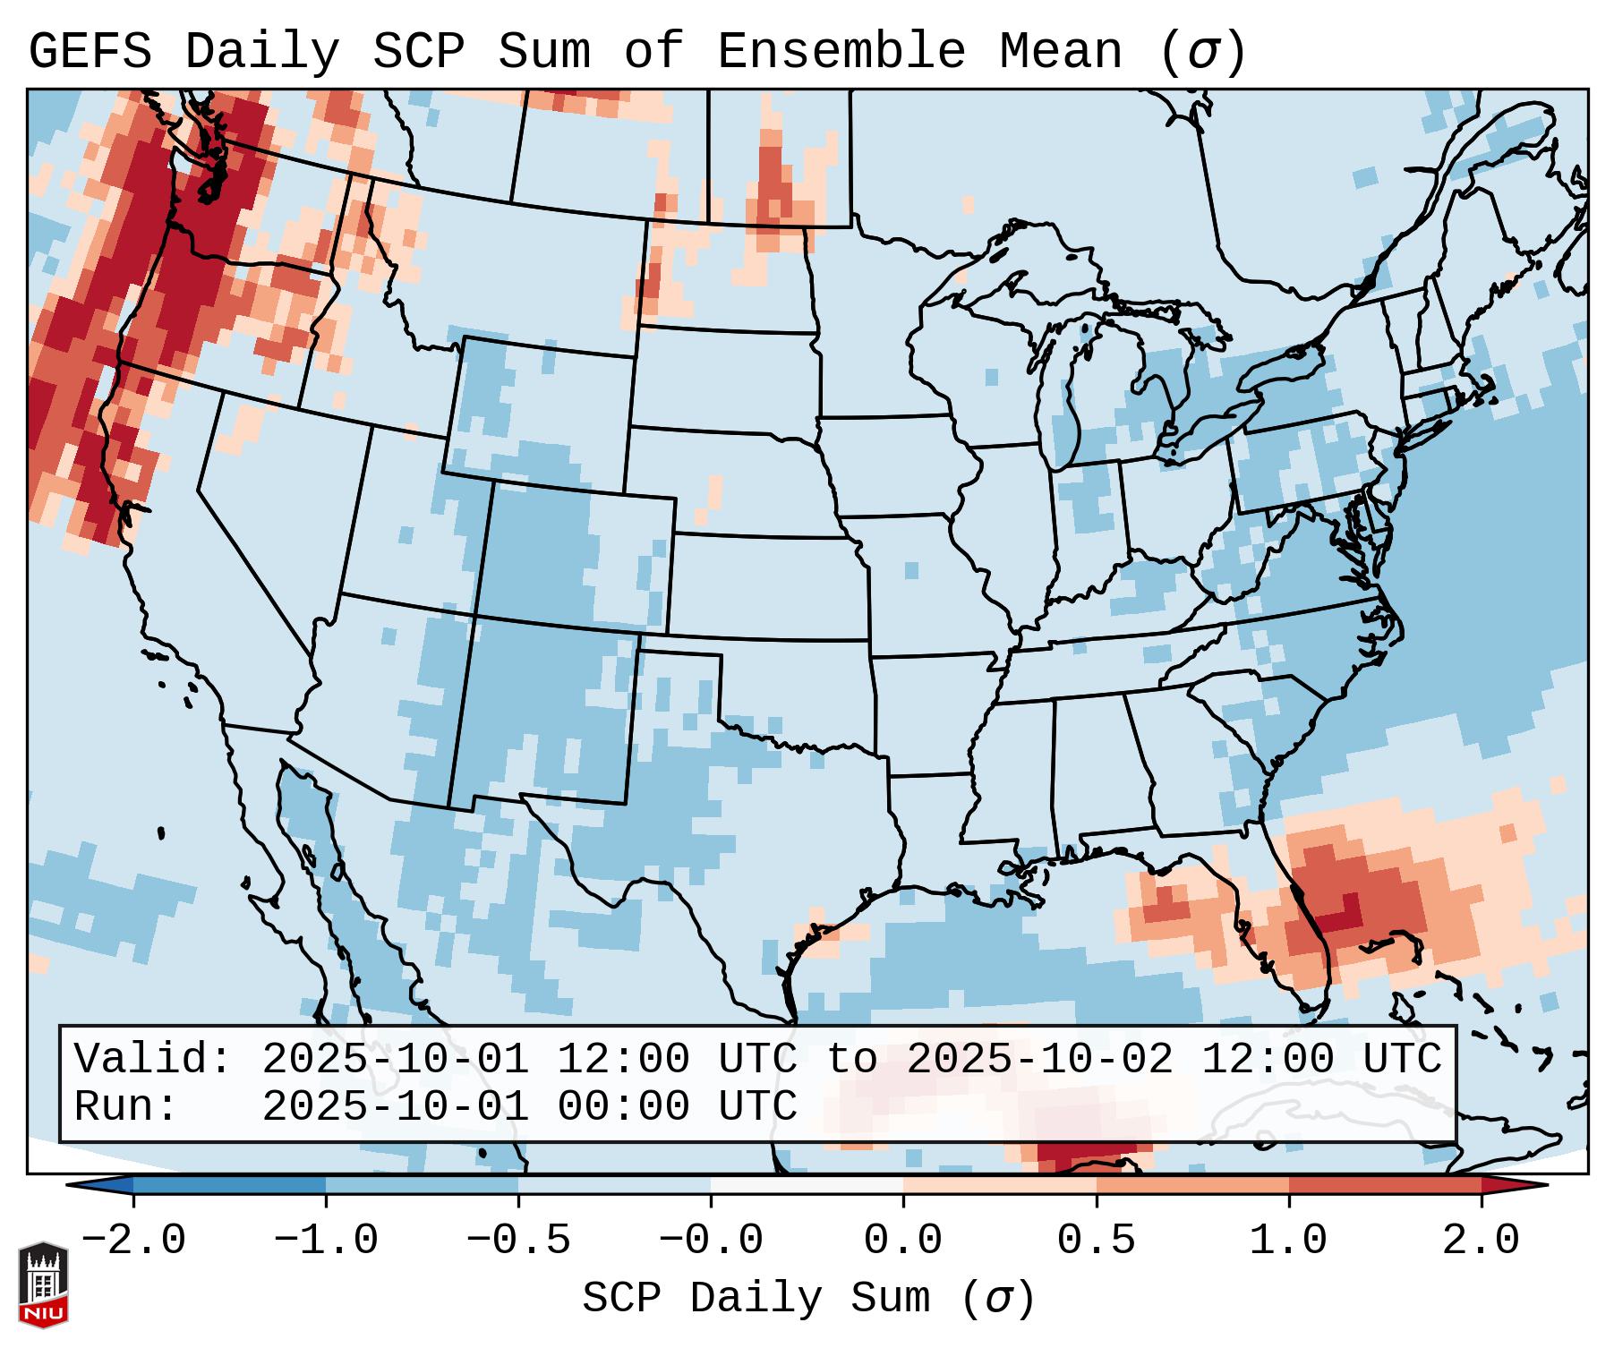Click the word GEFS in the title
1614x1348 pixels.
point(90,52)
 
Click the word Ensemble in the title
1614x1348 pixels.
point(841,52)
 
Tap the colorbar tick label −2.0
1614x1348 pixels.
point(133,1241)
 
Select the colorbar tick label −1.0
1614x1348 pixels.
point(326,1241)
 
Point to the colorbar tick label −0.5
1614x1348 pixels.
point(518,1241)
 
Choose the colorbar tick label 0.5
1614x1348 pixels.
point(1096,1241)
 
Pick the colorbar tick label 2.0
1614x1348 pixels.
point(1481,1241)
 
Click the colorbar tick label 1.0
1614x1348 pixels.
point(1288,1241)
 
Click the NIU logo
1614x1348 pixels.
point(43,1284)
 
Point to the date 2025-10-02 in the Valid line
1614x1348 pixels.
point(1039,1060)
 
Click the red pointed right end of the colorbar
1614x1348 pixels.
point(1522,1185)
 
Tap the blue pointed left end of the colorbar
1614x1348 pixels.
point(94,1185)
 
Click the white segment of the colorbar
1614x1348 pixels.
point(807,1185)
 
